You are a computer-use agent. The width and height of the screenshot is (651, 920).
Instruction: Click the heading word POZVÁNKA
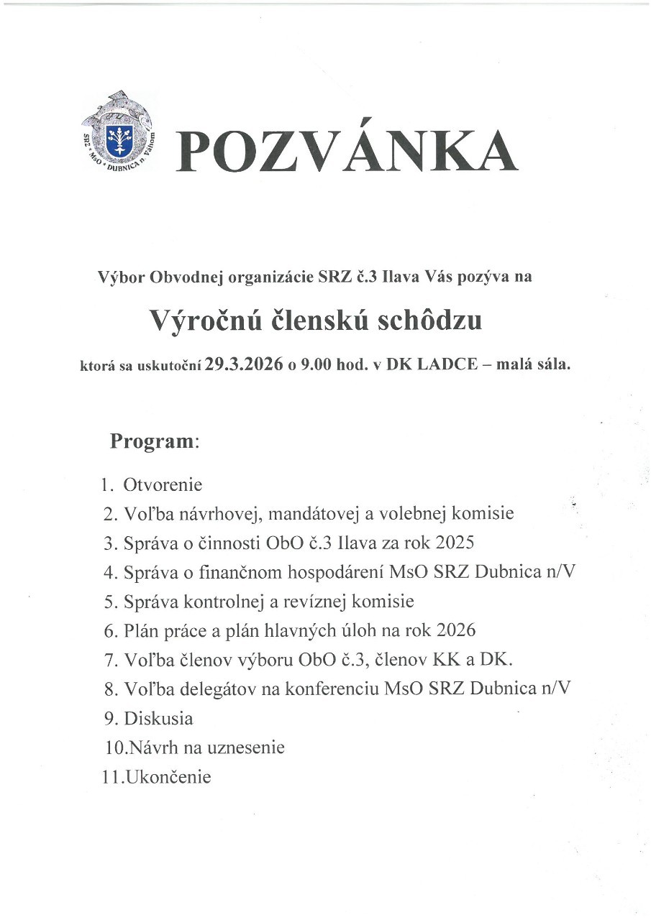pos(347,152)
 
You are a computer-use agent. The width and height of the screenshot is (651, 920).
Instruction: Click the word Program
pos(152,441)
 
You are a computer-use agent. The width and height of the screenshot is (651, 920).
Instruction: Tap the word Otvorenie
pos(163,484)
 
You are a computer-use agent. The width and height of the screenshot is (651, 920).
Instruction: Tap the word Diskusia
pos(158,718)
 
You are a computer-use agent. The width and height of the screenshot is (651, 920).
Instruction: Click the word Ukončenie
pos(168,777)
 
